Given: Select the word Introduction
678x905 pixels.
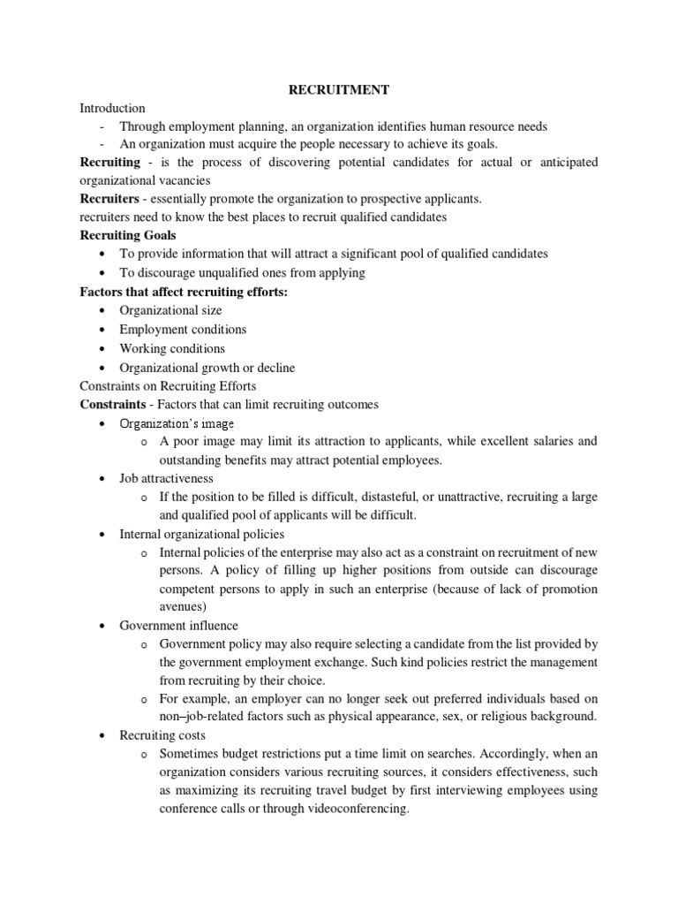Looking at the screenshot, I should (x=112, y=108).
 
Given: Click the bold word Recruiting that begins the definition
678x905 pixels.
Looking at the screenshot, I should (x=110, y=162).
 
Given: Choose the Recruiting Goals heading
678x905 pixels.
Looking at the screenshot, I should (x=128, y=235).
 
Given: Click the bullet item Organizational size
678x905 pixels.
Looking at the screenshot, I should (x=170, y=310).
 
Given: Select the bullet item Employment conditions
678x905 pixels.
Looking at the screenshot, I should (x=183, y=329).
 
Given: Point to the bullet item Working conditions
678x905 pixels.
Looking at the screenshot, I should (x=172, y=348).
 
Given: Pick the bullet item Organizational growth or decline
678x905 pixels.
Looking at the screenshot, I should (x=207, y=368).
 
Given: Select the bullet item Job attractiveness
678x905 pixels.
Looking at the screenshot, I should (x=166, y=478).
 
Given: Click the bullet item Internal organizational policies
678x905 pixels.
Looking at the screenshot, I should (x=202, y=534).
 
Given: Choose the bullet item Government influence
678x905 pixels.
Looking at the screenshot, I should (x=179, y=626).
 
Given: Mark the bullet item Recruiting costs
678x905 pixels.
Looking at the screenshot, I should (x=162, y=735).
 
